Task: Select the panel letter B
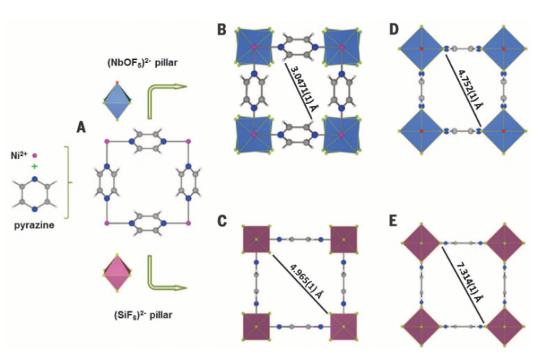pos(221,29)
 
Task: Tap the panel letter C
pos(221,221)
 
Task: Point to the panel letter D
pos(394,29)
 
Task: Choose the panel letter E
pos(394,221)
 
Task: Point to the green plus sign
pos(34,165)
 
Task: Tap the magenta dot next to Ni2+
pos(35,154)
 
